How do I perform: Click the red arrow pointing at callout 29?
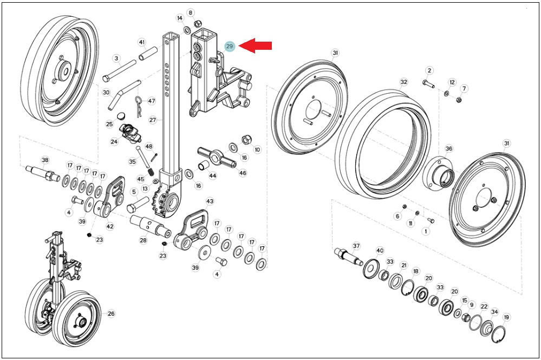coord(255,46)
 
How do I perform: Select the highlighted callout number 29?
coord(230,46)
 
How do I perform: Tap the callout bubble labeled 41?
coord(142,42)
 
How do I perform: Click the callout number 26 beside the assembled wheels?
coord(111,313)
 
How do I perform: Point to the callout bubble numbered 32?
coord(403,82)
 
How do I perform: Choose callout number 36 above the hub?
coord(448,149)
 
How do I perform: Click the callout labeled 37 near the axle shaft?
coord(356,246)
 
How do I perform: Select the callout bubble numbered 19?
coord(506,317)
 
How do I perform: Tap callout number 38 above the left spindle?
coord(45,160)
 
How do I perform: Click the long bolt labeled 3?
coord(120,70)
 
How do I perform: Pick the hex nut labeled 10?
coord(247,140)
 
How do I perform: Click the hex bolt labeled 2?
coord(428,83)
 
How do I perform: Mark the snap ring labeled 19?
coord(499,335)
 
